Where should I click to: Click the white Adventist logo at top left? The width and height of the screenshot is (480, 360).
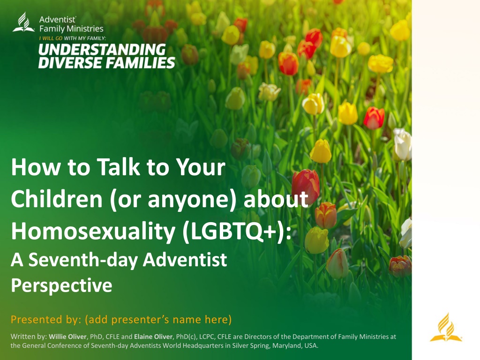coord(23,22)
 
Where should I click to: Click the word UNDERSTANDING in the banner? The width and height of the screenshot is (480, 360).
coord(102,50)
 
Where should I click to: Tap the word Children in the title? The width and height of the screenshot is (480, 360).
coord(57,199)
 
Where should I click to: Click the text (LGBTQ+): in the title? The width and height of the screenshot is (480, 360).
coord(237,232)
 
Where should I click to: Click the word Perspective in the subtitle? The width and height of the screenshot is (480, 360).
coord(61,285)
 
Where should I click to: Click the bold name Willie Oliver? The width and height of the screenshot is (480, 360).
coord(67,337)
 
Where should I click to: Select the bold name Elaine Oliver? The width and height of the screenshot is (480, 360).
coord(153,337)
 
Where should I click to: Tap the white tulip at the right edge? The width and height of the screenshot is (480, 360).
coord(403,144)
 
